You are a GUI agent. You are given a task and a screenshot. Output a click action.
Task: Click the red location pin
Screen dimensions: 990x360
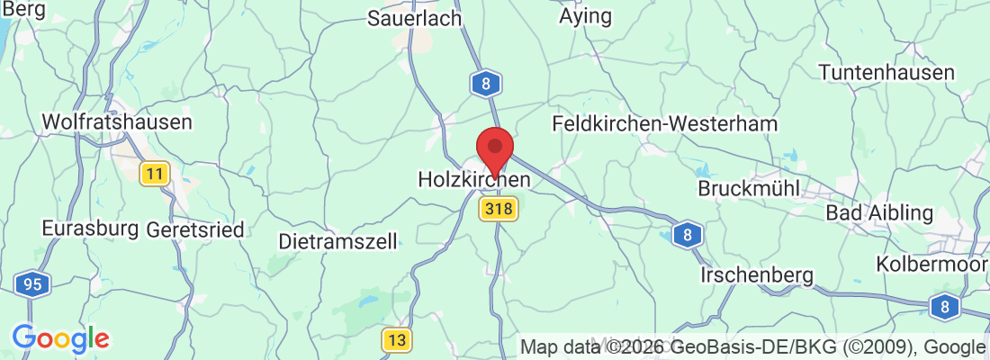tap(494, 149)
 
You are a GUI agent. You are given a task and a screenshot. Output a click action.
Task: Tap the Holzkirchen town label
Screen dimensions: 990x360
tap(474, 180)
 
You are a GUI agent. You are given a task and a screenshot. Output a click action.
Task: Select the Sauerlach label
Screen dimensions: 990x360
tap(415, 18)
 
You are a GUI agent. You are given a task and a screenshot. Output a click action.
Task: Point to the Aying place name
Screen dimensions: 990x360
tap(585, 16)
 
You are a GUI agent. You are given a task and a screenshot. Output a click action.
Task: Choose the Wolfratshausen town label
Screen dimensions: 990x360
tap(117, 121)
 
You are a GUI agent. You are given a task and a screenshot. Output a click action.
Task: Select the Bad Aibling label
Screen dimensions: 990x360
tap(880, 213)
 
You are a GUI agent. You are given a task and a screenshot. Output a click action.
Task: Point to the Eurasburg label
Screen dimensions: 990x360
tap(90, 229)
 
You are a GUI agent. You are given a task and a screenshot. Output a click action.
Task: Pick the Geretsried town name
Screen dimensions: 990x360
tap(194, 229)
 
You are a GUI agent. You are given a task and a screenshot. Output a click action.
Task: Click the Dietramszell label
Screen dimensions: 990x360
tap(337, 241)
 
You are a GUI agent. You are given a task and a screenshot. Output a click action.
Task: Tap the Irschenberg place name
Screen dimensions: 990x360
tap(758, 274)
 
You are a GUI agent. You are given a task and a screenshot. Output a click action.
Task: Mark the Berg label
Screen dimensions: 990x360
tap(24, 8)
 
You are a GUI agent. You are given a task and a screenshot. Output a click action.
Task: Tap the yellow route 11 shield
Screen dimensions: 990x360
tap(155, 174)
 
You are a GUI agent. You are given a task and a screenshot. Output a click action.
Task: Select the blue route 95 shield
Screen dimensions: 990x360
tap(32, 285)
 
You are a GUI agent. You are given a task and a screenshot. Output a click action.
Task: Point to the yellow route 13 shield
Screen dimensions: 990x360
tap(397, 339)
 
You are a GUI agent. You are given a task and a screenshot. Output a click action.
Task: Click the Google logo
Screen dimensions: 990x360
tap(60, 339)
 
